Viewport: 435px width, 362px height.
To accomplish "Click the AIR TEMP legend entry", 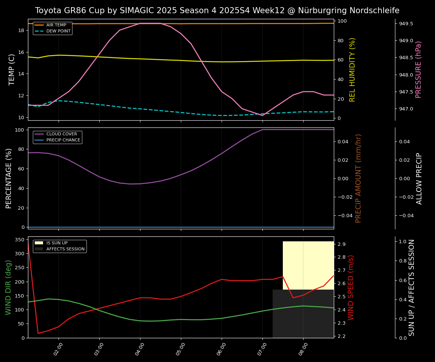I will pos(56,25).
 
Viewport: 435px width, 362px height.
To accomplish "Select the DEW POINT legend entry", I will pos(58,31).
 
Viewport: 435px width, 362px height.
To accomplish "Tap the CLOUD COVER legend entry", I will pos(62,134).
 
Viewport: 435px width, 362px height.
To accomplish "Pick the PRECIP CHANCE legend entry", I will pos(63,140).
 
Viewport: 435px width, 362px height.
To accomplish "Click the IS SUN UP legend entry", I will pos(57,243).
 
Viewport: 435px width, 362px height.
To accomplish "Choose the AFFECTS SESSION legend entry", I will pos(65,249).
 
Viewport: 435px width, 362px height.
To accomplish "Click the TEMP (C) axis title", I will pos(12,69).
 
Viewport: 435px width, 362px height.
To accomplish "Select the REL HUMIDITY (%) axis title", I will pos(353,70).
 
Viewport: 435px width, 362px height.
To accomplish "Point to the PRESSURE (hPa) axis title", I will pos(418,70).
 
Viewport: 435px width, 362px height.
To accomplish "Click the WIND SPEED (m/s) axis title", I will pos(351,287).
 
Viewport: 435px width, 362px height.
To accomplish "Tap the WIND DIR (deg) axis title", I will pos(8,287).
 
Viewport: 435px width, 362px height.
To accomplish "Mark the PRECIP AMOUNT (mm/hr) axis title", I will pos(359,178).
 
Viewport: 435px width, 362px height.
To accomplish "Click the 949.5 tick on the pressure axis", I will pos(406,24).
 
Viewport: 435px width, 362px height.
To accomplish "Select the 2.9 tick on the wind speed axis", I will pos(342,244).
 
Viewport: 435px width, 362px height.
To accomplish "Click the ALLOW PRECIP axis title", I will pos(419,178).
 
